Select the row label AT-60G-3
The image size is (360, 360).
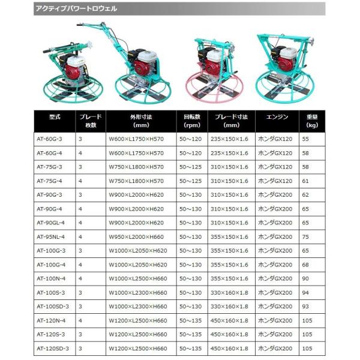pos(49,139)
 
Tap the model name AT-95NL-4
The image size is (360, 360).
pos(51,236)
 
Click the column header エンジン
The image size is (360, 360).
pos(268,117)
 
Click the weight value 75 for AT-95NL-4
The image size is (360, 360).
pos(305,236)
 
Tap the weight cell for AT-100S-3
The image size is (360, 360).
pos(305,292)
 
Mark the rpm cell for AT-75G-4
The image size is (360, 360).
pos(191,181)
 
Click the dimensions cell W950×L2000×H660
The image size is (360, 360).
pos(137,236)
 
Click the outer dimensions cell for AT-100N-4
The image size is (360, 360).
pos(138,278)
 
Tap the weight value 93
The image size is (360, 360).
pos(305,307)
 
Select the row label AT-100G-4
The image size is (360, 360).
pos(50,265)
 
